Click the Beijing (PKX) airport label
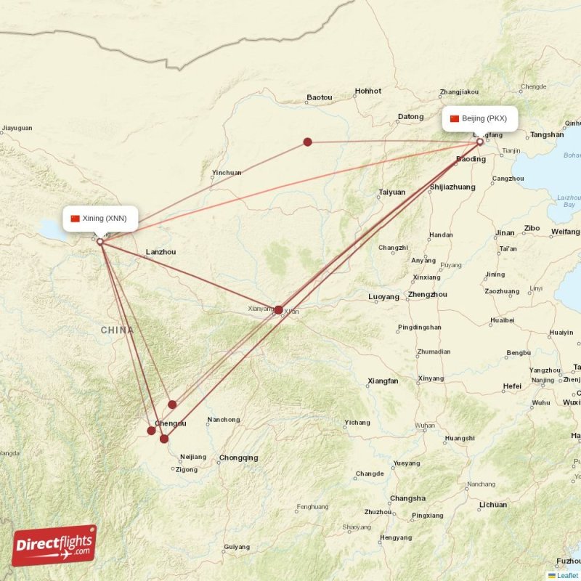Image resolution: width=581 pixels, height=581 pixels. pos(480,119)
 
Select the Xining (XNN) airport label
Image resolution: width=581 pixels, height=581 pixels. pos(100,218)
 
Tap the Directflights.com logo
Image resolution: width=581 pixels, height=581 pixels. pos(54,545)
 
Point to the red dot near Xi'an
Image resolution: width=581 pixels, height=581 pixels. pos(279,309)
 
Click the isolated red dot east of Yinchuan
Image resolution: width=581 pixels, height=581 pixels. pos(308,142)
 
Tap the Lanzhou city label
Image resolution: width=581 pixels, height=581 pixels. pos(161,252)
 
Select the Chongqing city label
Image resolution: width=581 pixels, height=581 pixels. pos(238,458)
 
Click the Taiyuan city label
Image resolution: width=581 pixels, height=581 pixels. pos(391,192)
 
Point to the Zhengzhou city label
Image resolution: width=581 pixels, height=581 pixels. pos(428,295)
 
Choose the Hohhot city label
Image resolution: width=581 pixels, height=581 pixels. pos(367,92)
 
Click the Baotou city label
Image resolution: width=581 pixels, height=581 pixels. pos(319,97)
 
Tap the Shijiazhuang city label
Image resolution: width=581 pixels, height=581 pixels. pos(452,187)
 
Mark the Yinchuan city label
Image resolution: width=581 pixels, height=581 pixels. pos(227,174)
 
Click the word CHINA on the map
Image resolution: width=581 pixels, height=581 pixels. pos(117,330)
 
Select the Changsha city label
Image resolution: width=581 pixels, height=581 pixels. pos(407,498)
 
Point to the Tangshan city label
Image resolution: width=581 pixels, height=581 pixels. pos(547,135)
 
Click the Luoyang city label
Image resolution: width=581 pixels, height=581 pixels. pos(383,297)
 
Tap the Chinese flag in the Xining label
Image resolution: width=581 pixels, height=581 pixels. pos(75,218)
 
